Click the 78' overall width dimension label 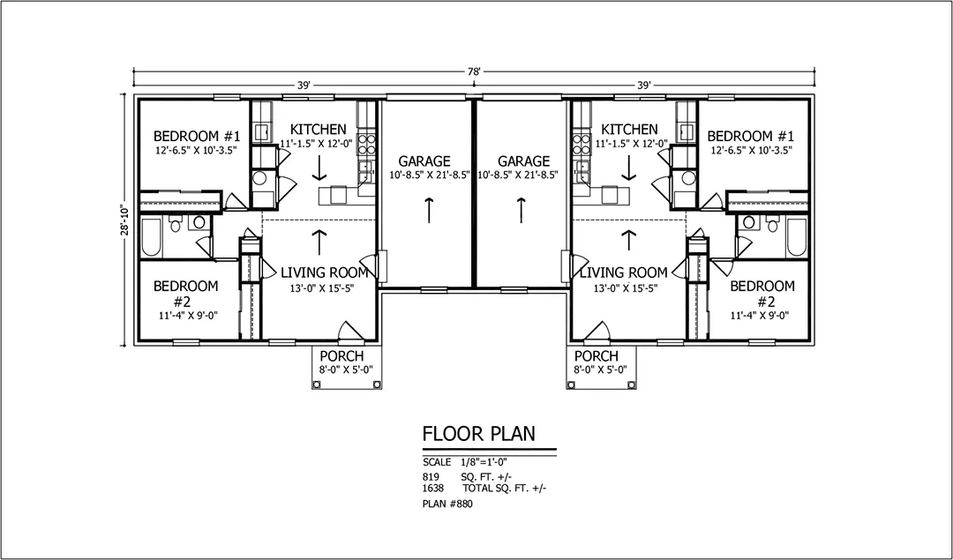click(474, 71)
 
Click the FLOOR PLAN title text click(479, 434)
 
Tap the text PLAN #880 click(447, 504)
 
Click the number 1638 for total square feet click(432, 488)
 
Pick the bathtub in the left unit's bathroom click(152, 237)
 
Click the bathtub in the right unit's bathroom click(796, 237)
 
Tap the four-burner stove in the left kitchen click(366, 145)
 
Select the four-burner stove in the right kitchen click(582, 145)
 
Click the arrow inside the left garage click(429, 210)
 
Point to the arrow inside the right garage click(521, 210)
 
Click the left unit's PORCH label click(341, 356)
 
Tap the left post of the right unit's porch click(571, 384)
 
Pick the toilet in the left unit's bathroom click(176, 223)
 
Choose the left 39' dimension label click(304, 86)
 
